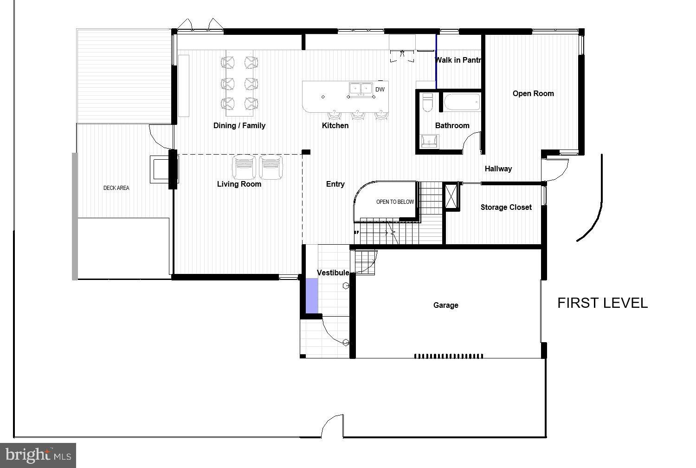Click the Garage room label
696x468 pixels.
pyautogui.click(x=445, y=305)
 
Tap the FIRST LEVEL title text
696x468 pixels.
pyautogui.click(x=602, y=303)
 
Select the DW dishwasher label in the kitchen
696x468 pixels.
pyautogui.click(x=380, y=90)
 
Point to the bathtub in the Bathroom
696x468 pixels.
pyautogui.click(x=462, y=102)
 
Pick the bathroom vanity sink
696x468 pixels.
pyautogui.click(x=429, y=141)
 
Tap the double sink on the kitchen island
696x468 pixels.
pyautogui.click(x=361, y=88)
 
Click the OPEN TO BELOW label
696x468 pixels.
pyautogui.click(x=395, y=202)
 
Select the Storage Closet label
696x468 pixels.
pyautogui.click(x=506, y=207)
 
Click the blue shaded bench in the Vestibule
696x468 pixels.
pyautogui.click(x=311, y=295)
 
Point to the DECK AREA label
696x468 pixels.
pyautogui.click(x=116, y=188)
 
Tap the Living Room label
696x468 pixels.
pyautogui.click(x=239, y=184)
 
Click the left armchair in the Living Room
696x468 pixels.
pyautogui.click(x=244, y=167)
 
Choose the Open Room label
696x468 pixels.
pyautogui.click(x=533, y=93)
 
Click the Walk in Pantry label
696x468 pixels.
pyautogui.click(x=458, y=60)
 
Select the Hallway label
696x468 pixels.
pyautogui.click(x=498, y=169)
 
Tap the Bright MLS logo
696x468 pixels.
pyautogui.click(x=38, y=455)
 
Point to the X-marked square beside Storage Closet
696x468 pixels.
pyautogui.click(x=451, y=196)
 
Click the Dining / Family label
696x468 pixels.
pyautogui.click(x=239, y=125)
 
